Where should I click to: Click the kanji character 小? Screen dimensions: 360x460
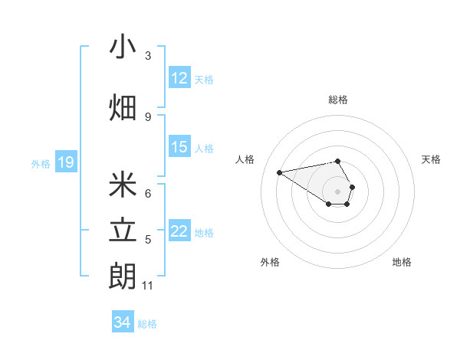point(123,47)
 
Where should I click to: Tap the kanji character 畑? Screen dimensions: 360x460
point(123,107)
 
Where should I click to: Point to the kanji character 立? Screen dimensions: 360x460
point(123,231)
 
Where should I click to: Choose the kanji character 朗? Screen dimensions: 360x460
point(123,277)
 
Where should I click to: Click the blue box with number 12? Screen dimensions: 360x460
point(179,78)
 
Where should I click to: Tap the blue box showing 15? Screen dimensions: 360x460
point(179,147)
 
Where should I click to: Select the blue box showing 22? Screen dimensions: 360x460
point(179,231)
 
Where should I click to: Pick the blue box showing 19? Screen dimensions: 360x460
point(65,162)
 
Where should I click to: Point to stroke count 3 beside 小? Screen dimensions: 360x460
point(148,56)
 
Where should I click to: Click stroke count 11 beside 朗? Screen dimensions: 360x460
point(147,286)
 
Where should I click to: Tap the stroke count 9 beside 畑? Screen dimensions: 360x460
point(148,117)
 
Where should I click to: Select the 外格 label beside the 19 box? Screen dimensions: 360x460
point(41,163)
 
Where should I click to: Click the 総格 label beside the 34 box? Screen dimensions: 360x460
point(147,324)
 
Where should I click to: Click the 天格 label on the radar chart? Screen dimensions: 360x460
point(431,159)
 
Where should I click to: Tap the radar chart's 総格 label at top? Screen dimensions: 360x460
point(338,100)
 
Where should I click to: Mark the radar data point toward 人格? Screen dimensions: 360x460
point(280,172)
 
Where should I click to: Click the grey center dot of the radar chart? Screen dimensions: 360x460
point(337,191)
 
